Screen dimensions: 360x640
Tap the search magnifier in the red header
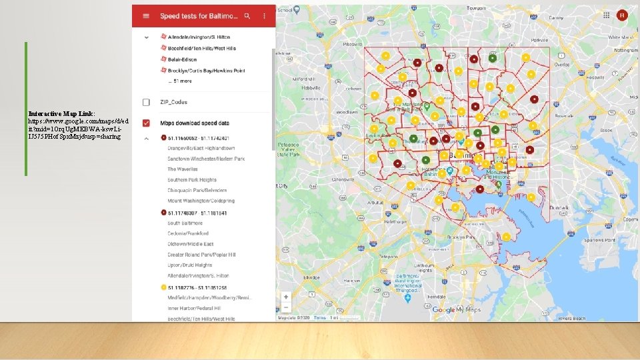coord(247,15)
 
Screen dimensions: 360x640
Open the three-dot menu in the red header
coord(265,15)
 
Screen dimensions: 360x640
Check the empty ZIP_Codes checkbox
coord(145,102)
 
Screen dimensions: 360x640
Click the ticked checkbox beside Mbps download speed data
coord(145,123)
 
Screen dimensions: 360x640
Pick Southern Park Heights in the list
coord(192,180)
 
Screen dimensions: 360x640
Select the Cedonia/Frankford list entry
coord(188,233)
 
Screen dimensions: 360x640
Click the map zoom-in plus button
coord(286,297)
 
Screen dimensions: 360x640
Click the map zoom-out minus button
coord(286,308)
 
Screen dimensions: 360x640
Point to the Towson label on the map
coord(476,8)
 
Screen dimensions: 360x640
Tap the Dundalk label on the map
coord(559,207)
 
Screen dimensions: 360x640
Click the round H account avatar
coord(622,15)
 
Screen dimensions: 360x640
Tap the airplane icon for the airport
coord(407,298)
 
